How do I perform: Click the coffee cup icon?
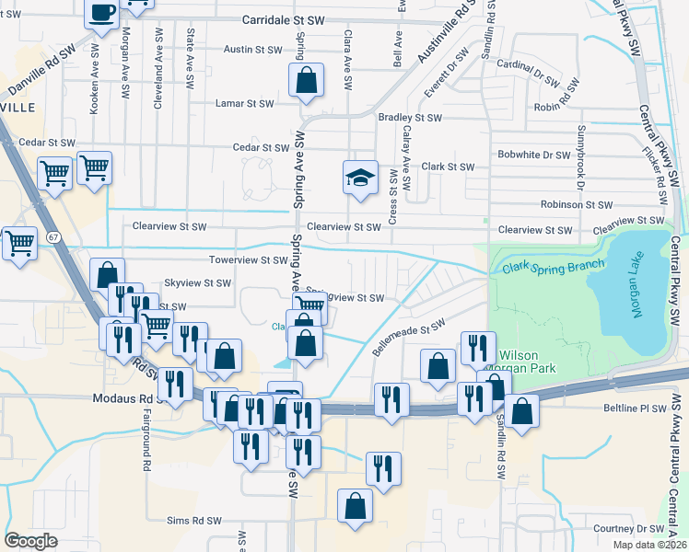tap(102, 13)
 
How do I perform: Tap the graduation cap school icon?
tap(361, 178)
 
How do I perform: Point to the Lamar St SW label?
tap(244, 104)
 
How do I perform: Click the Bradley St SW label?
tap(411, 118)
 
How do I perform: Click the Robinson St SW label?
tap(577, 205)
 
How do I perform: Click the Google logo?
tap(30, 541)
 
